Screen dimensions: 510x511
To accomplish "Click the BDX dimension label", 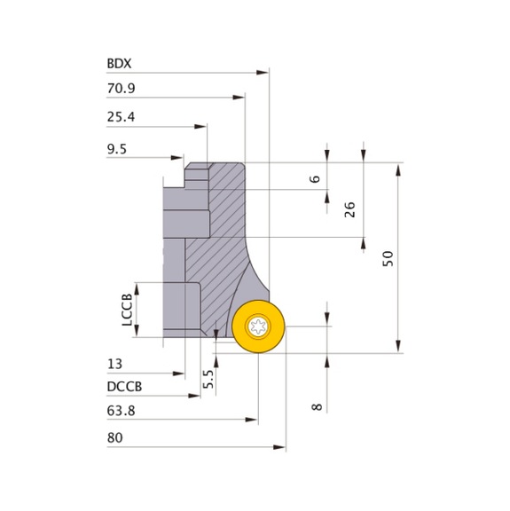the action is coord(119,64).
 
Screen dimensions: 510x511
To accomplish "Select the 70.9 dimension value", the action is coord(121,89).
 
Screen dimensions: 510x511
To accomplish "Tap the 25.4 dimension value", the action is coord(121,117).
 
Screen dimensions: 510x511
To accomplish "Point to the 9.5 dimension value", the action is coord(117,149).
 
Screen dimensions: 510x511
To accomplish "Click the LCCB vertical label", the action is coord(127,310).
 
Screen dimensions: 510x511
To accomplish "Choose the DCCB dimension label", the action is coord(124,387).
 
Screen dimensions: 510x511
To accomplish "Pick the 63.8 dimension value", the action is coord(121,411).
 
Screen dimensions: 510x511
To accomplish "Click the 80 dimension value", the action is coord(115,437).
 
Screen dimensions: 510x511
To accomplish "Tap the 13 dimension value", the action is coord(114,364).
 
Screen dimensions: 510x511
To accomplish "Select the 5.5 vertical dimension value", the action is coord(208,379).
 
